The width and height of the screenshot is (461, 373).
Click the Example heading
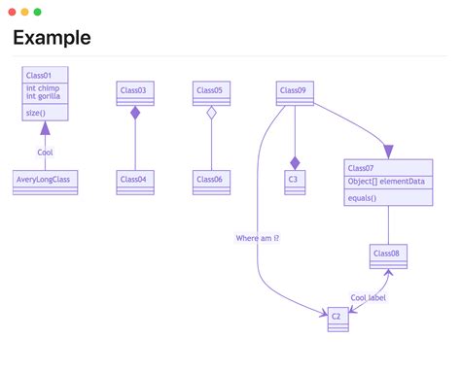click(52, 38)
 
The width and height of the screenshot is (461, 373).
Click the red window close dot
click(13, 12)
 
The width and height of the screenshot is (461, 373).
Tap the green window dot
click(38, 12)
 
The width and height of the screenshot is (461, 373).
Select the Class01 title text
click(39, 76)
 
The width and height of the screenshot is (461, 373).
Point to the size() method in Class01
click(36, 114)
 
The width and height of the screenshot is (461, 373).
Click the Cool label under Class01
click(45, 153)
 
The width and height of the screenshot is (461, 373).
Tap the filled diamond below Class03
click(135, 114)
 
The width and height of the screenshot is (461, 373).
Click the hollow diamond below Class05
click(211, 114)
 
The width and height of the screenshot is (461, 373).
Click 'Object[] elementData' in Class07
click(387, 182)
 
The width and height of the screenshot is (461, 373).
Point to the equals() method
click(361, 198)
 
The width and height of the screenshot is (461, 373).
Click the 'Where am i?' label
click(258, 238)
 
